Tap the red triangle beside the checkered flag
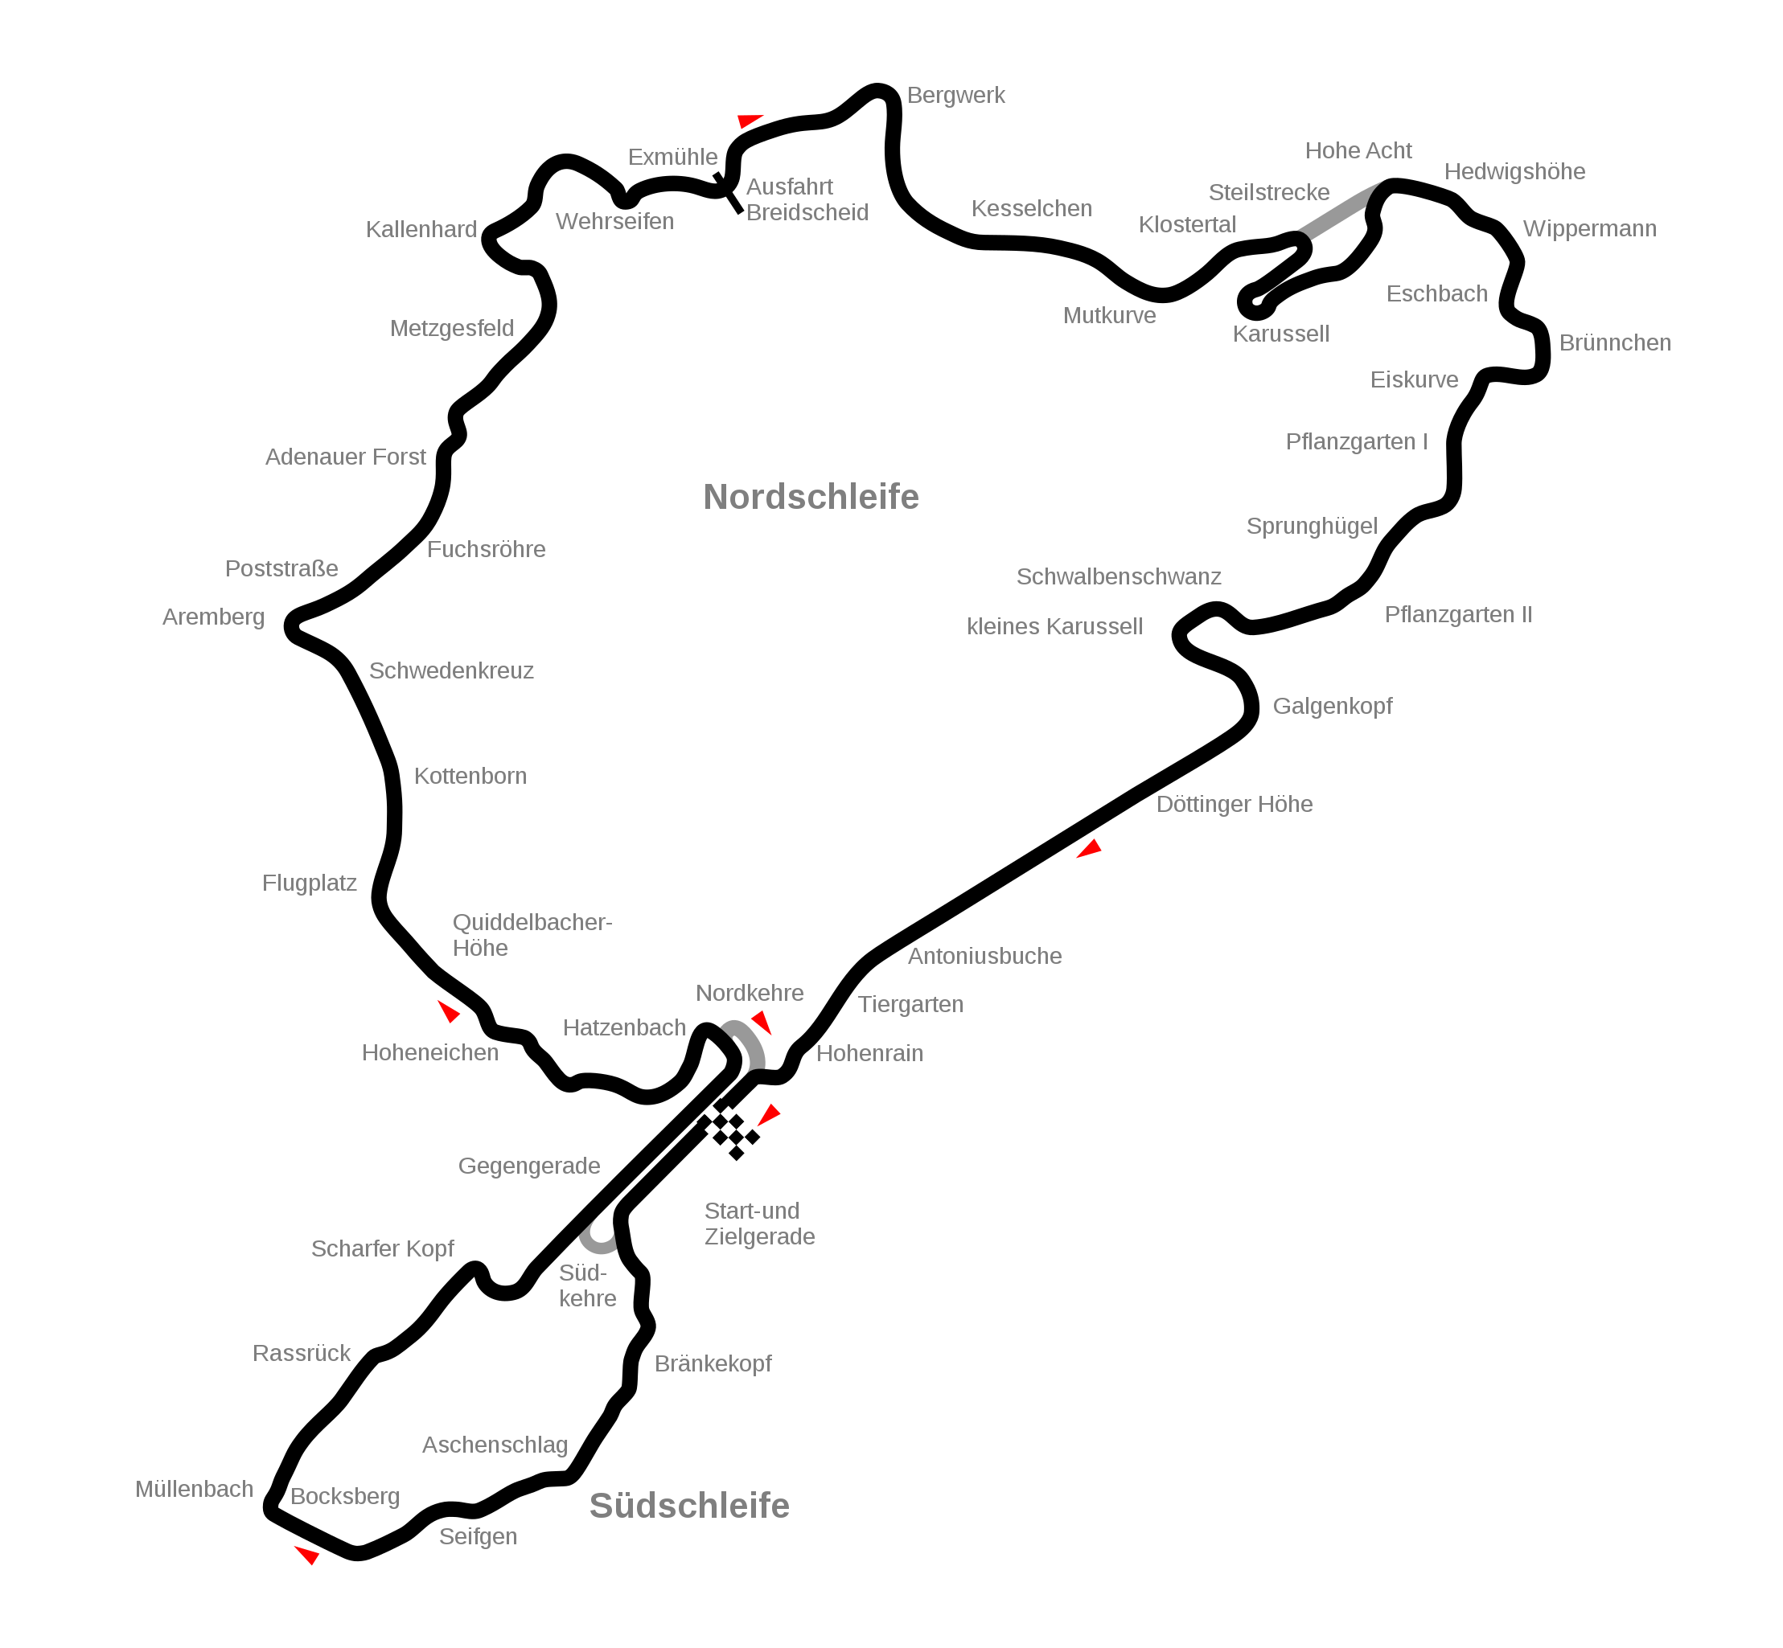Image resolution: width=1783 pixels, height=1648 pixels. click(769, 1115)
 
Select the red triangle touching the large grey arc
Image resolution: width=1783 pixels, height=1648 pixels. click(762, 1021)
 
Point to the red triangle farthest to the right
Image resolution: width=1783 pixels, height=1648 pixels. click(1089, 849)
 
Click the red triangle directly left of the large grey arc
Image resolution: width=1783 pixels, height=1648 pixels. click(449, 1011)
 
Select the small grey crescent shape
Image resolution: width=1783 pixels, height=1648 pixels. click(597, 1240)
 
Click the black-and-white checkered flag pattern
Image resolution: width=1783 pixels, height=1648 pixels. click(728, 1129)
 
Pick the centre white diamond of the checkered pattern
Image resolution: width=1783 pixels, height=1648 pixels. click(728, 1129)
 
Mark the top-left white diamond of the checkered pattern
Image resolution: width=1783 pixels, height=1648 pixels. click(713, 1113)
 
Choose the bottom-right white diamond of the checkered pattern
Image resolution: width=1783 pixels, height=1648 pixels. click(744, 1145)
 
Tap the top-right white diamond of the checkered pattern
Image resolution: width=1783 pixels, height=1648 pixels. click(729, 1113)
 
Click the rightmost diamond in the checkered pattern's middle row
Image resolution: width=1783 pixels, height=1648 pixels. click(744, 1129)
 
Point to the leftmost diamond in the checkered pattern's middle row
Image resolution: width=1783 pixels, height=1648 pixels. click(712, 1129)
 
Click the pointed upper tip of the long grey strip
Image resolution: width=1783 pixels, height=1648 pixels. click(1382, 181)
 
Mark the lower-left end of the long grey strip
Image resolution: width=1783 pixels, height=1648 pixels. click(1303, 233)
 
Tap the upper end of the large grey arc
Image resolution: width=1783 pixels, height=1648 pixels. click(727, 1025)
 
